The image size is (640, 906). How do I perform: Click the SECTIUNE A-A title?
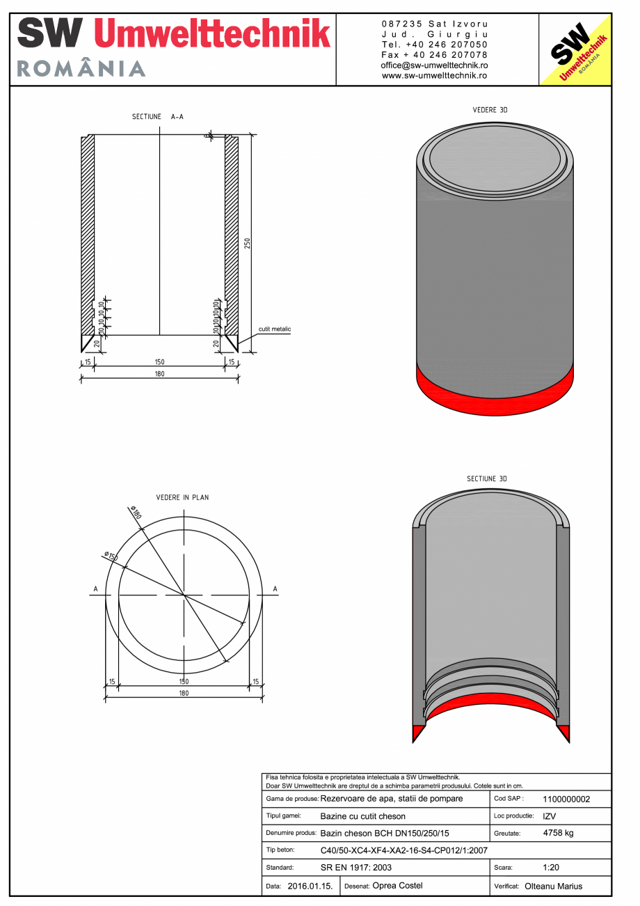pos(158,117)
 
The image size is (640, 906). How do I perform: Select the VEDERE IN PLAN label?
pos(182,498)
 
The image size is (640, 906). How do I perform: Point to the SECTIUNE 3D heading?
pos(487,479)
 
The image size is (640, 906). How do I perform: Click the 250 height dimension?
pos(247,243)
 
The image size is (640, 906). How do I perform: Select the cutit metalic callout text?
pos(275,329)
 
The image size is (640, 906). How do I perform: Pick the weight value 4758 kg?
pos(558,833)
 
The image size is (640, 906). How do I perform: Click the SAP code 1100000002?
pos(566,799)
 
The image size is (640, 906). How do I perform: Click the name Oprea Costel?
pos(397,886)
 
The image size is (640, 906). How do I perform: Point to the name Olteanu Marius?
pos(553,887)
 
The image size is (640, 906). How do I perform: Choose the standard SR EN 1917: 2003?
pos(356,868)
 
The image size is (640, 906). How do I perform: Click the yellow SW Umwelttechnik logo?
pos(575,49)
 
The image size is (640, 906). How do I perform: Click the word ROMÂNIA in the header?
pos(81,68)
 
